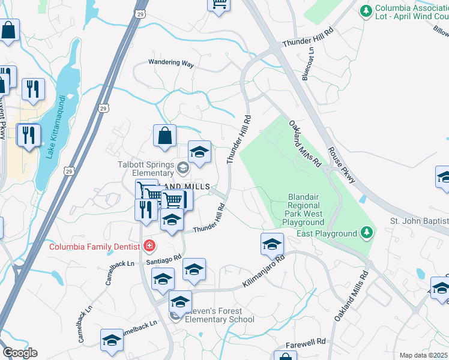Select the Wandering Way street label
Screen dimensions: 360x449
(172, 62)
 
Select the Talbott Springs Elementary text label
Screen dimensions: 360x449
(140, 168)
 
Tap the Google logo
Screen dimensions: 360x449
(20, 353)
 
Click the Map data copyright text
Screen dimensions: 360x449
(424, 355)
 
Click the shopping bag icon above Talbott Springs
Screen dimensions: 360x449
(164, 136)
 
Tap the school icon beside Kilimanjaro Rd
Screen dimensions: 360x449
(272, 244)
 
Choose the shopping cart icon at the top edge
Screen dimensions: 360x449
(219, 4)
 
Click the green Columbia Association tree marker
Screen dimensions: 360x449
(366, 11)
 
